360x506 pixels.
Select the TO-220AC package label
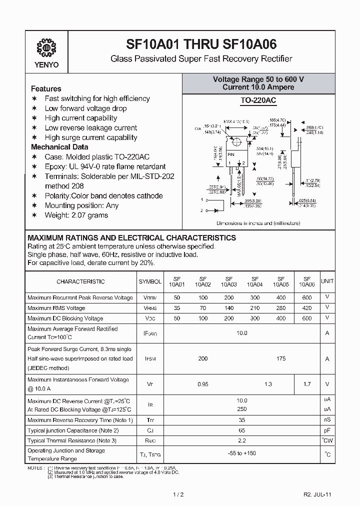click(258, 100)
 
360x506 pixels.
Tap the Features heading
click(46, 88)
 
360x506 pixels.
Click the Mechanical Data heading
click(59, 147)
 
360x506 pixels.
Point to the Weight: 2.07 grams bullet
click(76, 215)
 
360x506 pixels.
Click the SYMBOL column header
click(150, 281)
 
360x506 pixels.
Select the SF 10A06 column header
click(307, 281)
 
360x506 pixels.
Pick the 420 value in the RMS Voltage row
click(307, 308)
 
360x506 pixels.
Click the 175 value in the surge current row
click(281, 358)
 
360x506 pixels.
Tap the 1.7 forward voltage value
click(307, 384)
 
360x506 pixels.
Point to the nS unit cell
click(327, 420)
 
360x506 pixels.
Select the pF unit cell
click(327, 430)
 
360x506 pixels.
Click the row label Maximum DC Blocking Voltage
click(65, 318)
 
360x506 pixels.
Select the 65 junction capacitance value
click(242, 430)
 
